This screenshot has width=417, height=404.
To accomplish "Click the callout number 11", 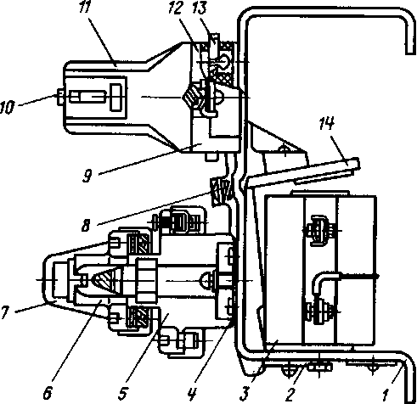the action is click(x=84, y=7).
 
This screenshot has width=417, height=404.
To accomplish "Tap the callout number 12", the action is click(x=174, y=8).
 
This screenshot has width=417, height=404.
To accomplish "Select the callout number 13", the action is click(x=199, y=8).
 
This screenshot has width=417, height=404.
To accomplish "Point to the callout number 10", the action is click(x=7, y=108).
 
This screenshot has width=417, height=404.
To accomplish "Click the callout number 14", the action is click(x=326, y=124).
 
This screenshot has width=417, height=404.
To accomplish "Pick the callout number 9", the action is click(x=87, y=176).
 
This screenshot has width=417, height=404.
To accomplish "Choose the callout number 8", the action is click(x=86, y=226).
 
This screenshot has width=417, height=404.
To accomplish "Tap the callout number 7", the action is click(x=5, y=312).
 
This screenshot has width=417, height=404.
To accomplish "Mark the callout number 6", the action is click(x=48, y=393).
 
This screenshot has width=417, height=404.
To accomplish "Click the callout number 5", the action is click(x=122, y=394).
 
